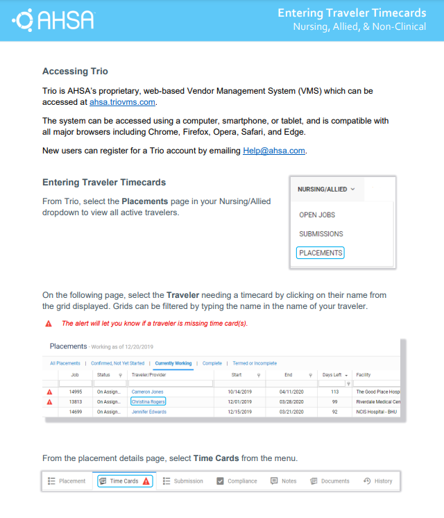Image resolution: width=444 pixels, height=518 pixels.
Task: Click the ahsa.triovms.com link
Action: click(122, 102)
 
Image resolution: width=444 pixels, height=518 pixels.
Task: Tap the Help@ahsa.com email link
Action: click(273, 151)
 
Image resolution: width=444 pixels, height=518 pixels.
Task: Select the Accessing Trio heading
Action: click(75, 71)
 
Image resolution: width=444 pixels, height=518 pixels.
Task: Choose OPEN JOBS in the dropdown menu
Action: click(317, 215)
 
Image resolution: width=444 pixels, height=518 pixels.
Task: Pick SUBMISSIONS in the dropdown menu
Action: click(321, 234)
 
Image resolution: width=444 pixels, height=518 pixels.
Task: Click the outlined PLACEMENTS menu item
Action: click(320, 253)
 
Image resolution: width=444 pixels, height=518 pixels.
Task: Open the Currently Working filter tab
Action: click(173, 363)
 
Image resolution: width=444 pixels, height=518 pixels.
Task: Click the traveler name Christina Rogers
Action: click(148, 402)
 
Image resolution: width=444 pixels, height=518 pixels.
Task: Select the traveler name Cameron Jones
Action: click(147, 392)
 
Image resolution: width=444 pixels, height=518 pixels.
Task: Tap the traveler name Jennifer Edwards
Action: click(149, 412)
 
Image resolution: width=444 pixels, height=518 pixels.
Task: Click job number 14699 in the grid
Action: click(75, 412)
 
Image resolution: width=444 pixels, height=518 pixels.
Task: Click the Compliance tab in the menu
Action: click(237, 481)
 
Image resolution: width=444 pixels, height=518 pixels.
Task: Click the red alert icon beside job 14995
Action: click(49, 392)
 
